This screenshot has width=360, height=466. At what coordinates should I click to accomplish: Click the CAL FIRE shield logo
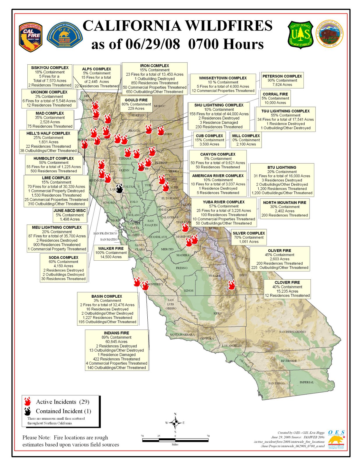coord(31,37)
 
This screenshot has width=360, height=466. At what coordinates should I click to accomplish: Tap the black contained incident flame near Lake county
coord(119,188)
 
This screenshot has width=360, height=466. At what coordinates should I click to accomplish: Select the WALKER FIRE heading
coord(111,248)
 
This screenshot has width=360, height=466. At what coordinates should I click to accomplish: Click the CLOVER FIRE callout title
coord(287,283)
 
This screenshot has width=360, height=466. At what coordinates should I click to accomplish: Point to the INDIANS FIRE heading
coord(116,333)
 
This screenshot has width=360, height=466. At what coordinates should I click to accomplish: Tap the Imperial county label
coord(307,382)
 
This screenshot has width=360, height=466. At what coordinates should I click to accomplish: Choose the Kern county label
coord(218,313)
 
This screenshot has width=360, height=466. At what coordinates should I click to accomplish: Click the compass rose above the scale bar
coord(175,423)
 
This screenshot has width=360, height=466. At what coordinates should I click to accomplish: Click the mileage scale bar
coord(175,440)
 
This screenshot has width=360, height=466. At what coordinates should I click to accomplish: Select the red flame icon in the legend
coord(28,402)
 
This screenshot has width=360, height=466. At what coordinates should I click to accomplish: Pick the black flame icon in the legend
coord(28,411)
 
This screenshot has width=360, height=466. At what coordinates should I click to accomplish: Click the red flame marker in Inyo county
coord(231,285)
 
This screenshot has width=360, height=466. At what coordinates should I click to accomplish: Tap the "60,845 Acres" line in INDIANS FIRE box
coord(116,342)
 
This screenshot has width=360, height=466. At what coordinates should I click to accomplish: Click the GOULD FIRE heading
coord(136,100)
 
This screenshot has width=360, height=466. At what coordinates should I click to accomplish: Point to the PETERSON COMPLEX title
coord(282,76)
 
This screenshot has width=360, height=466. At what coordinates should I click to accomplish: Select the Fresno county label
coord(181,268)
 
